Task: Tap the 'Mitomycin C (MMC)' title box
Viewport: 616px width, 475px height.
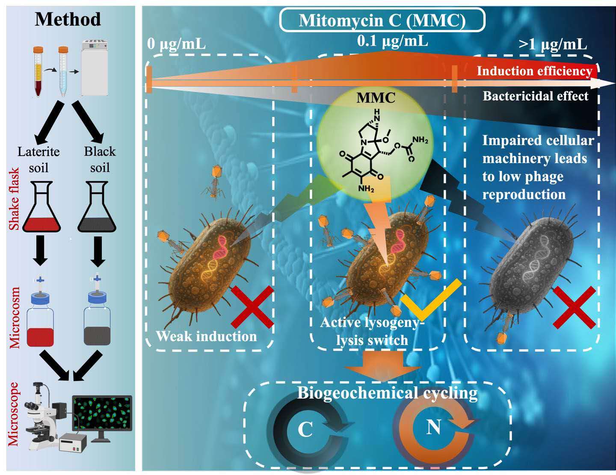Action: (382, 21)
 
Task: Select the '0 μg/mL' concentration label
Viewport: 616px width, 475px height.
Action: (176, 44)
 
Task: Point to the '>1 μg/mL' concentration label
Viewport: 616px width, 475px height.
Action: (553, 44)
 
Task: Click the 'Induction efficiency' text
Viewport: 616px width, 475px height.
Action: (534, 71)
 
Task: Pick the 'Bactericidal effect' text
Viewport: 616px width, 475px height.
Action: (536, 96)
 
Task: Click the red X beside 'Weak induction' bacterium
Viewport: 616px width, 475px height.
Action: (252, 307)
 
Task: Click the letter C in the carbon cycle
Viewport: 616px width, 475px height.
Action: (305, 429)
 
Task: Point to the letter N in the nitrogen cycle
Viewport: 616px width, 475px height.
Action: (433, 427)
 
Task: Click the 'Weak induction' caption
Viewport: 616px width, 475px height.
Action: (206, 336)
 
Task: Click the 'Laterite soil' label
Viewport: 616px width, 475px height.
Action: (38, 159)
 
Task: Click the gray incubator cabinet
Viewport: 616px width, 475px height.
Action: (95, 68)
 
